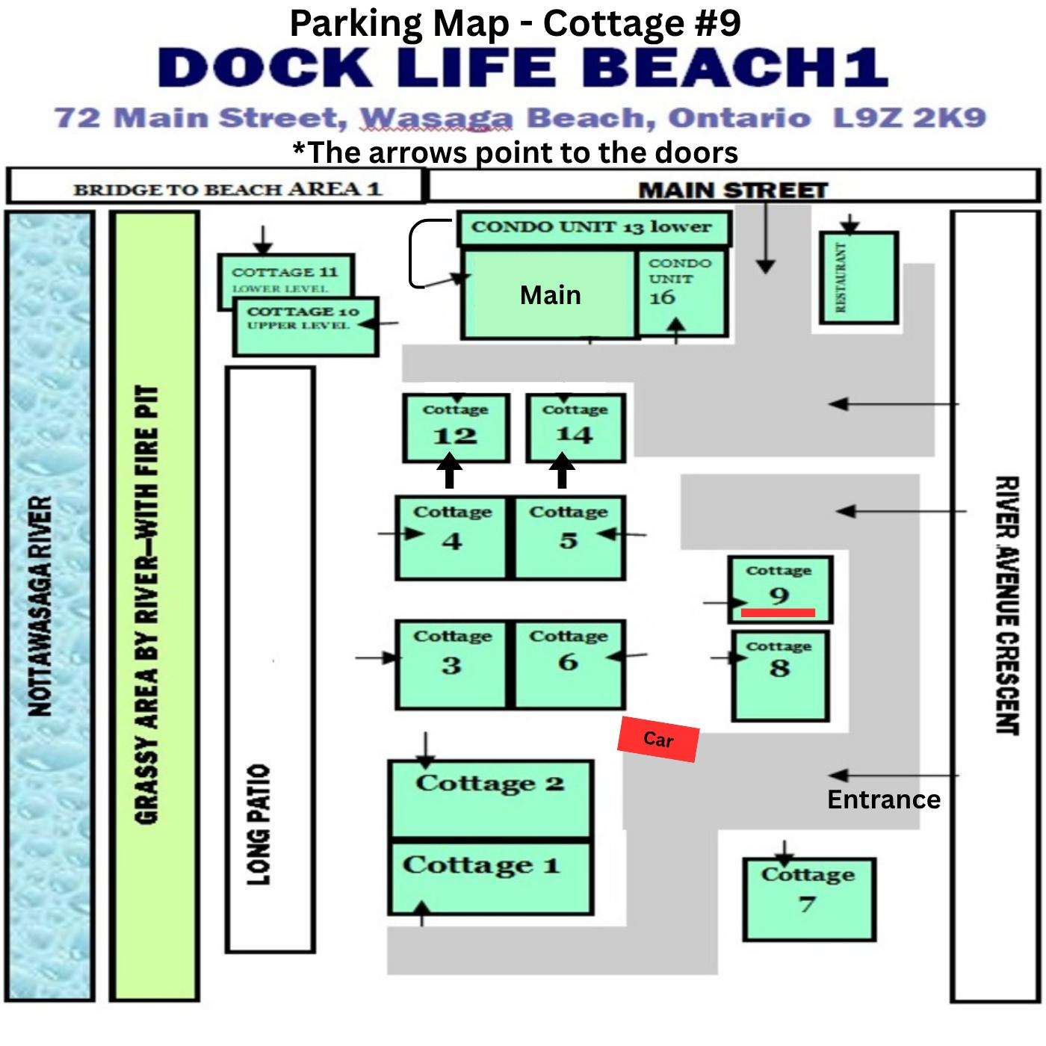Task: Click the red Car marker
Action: coord(658,739)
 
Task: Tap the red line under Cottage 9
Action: coord(778,613)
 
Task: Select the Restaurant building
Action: coord(858,278)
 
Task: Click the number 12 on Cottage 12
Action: coord(455,436)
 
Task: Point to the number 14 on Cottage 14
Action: coord(575,434)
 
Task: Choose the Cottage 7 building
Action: coord(809,899)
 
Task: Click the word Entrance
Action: coord(884,799)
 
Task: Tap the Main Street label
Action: coord(733,190)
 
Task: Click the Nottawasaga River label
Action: coord(40,606)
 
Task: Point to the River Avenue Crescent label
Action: coord(1007,605)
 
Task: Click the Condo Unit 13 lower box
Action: coord(594,228)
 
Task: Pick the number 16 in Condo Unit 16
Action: coord(662,297)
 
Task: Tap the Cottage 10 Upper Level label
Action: coord(303,318)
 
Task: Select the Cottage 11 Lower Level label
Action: coord(285,279)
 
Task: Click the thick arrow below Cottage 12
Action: coord(450,471)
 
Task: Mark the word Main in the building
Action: coord(551,295)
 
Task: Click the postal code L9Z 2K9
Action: coord(909,118)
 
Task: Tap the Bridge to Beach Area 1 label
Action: coord(227,190)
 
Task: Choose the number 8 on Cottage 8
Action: coord(779,668)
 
